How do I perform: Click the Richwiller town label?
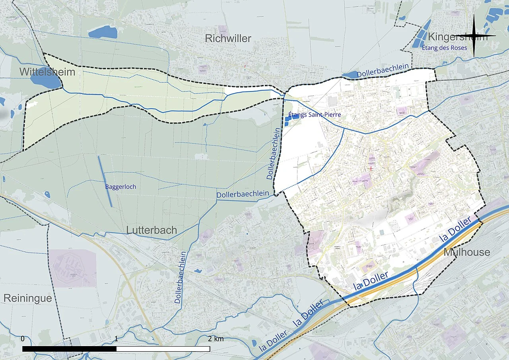click(228, 39)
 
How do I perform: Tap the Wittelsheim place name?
click(47, 72)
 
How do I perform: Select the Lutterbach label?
click(152, 230)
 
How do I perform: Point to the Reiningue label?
click(27, 298)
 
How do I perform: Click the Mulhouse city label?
click(467, 252)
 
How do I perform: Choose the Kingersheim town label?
click(457, 37)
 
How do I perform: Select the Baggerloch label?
click(118, 186)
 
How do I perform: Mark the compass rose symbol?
click(475, 36)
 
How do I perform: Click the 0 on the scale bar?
click(23, 339)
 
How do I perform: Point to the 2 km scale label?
click(216, 339)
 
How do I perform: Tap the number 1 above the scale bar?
click(116, 339)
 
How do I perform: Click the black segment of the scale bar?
click(69, 349)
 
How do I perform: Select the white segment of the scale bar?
click(163, 349)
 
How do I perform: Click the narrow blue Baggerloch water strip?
click(105, 181)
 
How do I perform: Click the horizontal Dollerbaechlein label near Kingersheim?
click(383, 71)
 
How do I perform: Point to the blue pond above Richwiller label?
click(103, 32)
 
